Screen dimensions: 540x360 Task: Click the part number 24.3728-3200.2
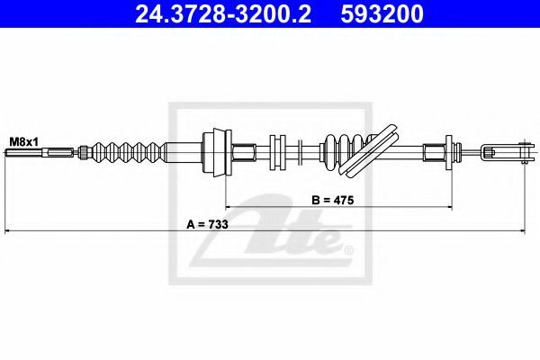click(x=223, y=13)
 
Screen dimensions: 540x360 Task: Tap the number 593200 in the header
click(x=382, y=13)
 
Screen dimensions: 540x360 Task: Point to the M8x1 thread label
click(x=24, y=141)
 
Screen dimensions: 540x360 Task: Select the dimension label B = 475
click(x=333, y=200)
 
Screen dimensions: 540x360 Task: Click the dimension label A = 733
click(x=207, y=224)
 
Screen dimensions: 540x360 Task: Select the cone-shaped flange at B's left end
click(x=217, y=152)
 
